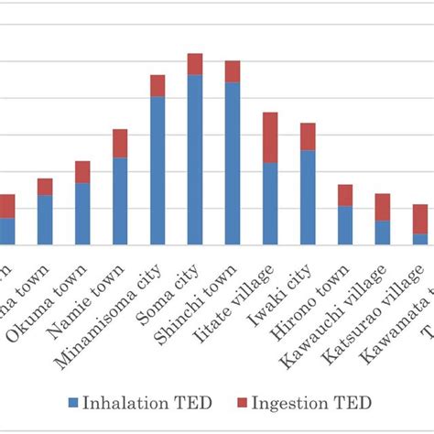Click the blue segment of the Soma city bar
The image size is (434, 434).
(194, 159)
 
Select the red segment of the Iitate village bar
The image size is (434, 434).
(270, 137)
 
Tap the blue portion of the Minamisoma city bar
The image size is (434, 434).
(157, 170)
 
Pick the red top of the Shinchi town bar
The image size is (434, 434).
(233, 71)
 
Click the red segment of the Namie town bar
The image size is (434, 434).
(120, 144)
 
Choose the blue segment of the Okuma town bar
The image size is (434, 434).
(82, 213)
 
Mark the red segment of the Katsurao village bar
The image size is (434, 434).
(420, 219)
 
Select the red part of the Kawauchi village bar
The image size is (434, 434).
(383, 207)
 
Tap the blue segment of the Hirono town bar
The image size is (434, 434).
(345, 225)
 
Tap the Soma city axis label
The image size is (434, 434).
(175, 288)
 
